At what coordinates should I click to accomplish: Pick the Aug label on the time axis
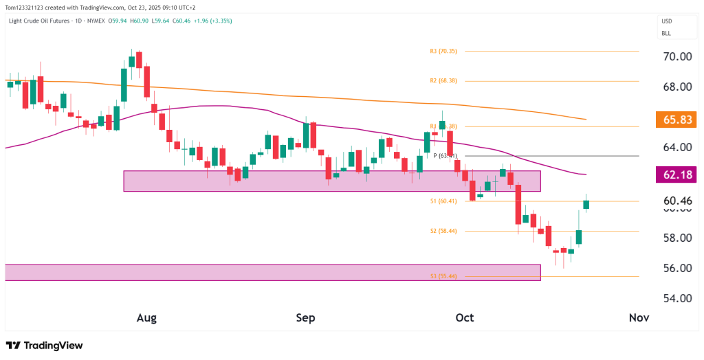147,318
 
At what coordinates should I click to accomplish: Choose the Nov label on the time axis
639,318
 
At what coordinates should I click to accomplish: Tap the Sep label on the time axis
306,318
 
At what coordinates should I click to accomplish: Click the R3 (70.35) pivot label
443,51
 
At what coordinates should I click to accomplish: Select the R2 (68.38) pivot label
443,80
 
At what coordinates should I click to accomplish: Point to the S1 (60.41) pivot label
443,201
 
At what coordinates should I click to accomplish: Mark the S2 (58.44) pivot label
443,232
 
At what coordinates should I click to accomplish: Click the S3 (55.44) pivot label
443,276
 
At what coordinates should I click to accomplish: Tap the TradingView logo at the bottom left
44,346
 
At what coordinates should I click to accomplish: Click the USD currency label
666,21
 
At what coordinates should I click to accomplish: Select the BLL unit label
665,33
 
